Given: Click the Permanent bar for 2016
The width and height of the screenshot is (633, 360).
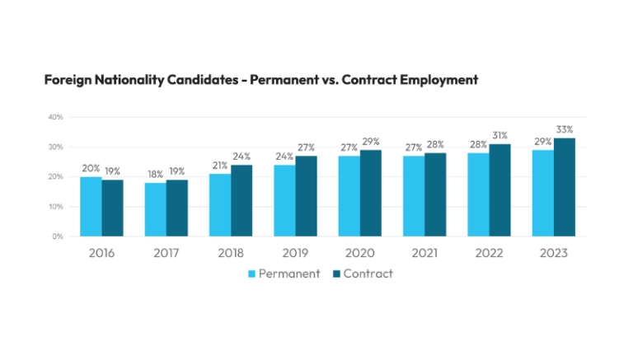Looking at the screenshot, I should [x=91, y=206].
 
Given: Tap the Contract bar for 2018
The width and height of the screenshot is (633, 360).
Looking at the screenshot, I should [x=241, y=200].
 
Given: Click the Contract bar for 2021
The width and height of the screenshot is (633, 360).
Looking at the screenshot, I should [x=435, y=194].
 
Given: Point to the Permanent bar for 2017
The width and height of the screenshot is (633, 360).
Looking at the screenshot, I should [x=155, y=209].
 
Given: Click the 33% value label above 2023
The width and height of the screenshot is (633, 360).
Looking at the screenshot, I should [x=564, y=129].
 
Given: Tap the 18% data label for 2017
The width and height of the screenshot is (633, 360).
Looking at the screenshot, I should [x=155, y=175].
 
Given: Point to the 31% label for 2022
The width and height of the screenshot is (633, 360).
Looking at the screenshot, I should [x=499, y=135].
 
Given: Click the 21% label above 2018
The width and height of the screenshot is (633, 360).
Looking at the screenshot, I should [x=219, y=166].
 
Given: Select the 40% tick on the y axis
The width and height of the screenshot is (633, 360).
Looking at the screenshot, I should [x=56, y=117].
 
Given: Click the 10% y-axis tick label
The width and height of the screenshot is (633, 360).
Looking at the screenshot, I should [x=56, y=207].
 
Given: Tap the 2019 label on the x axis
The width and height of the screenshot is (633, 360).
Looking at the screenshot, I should [x=295, y=253].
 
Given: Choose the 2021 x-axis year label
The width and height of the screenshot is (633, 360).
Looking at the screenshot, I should [x=424, y=253].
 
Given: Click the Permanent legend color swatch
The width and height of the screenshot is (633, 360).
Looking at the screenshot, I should [x=253, y=274].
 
